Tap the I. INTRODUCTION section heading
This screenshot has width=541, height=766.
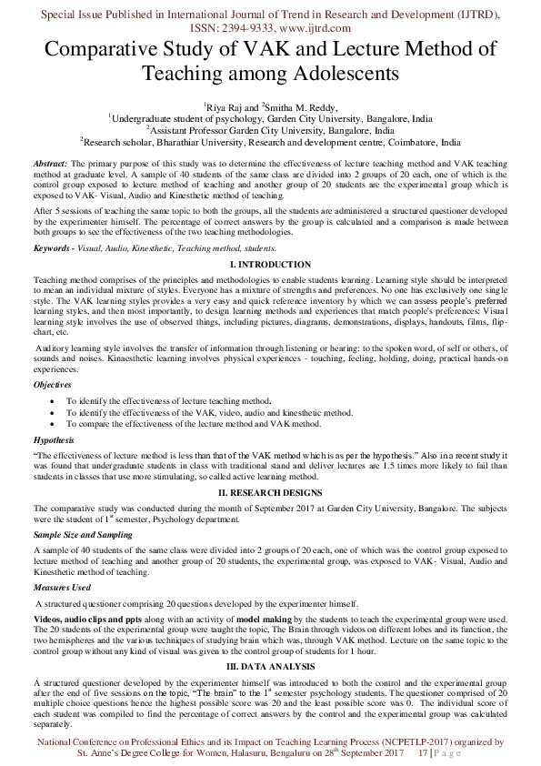tap(270, 265)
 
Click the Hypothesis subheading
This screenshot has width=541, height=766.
tap(54, 440)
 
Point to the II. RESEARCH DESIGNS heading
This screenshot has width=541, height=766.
tap(270, 491)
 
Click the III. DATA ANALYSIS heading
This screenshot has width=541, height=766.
tap(270, 667)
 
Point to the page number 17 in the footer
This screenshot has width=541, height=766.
tap(422, 754)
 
